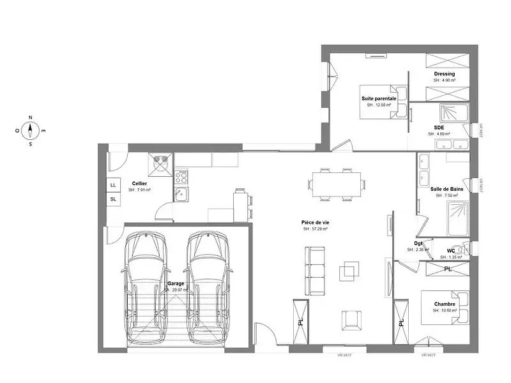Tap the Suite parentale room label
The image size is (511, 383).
[x=379, y=99]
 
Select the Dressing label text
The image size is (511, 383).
[x=444, y=73]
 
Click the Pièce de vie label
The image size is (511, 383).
[x=315, y=222]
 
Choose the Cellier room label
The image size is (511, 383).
[x=139, y=183]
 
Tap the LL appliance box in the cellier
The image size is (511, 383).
[x=114, y=185]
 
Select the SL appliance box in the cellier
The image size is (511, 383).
[x=114, y=199]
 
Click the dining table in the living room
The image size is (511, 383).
[x=337, y=185]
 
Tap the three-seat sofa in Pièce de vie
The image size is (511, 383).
[x=315, y=270]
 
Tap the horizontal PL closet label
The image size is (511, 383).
[x=448, y=269]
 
